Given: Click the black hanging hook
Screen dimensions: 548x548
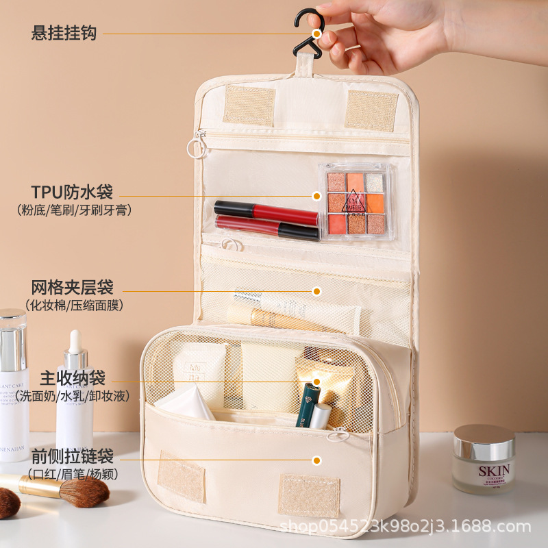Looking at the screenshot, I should [x=306, y=36].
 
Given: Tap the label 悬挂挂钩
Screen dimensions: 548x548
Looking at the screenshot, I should [x=64, y=33].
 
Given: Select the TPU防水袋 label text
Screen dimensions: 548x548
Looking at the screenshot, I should [x=72, y=191].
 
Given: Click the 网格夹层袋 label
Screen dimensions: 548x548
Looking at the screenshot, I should [x=72, y=286].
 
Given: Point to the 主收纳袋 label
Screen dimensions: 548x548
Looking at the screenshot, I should [x=73, y=377].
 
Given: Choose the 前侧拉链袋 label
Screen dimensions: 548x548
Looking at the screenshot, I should [x=72, y=456].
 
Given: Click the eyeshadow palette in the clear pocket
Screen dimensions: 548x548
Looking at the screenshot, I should [x=356, y=202].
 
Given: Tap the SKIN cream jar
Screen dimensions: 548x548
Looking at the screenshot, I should [x=484, y=459].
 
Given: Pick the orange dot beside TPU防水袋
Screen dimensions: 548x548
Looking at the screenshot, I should [x=316, y=196].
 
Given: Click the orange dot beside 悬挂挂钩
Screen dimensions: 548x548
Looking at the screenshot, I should [x=316, y=33].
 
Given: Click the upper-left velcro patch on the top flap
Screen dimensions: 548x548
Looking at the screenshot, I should [x=249, y=105].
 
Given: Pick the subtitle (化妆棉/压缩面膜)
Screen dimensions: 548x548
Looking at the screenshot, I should [x=75, y=305].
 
